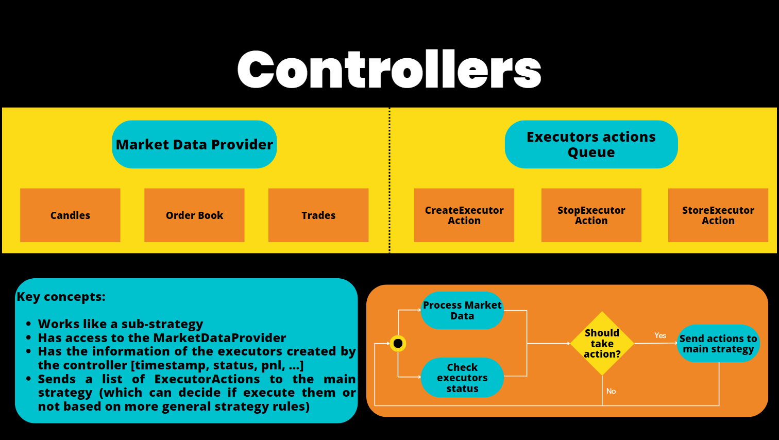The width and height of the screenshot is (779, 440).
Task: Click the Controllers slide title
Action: tap(389, 70)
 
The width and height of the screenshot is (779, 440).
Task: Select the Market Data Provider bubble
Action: tap(194, 144)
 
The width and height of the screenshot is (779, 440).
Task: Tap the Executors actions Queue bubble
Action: tap(591, 144)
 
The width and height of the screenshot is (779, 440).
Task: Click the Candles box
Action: tap(70, 215)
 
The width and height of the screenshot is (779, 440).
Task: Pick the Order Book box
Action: tap(194, 215)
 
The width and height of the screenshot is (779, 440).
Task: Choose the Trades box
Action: tap(318, 215)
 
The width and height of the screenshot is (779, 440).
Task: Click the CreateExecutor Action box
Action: tap(464, 215)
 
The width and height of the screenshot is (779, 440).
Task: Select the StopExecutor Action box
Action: tap(591, 215)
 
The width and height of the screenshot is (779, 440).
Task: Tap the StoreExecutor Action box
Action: tap(718, 215)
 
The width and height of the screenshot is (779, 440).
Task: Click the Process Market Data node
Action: tap(462, 311)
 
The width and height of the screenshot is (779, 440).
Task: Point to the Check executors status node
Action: tap(462, 378)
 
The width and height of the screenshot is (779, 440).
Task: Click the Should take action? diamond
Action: tap(602, 343)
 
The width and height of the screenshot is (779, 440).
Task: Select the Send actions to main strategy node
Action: tap(718, 344)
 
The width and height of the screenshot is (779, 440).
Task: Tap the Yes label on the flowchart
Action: tap(660, 335)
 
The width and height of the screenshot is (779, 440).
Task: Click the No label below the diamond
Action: tap(611, 391)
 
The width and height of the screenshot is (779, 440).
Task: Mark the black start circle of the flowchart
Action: tap(398, 343)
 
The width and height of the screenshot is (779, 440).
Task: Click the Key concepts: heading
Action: tap(61, 297)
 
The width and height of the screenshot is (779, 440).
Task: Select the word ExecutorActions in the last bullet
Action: tap(207, 379)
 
